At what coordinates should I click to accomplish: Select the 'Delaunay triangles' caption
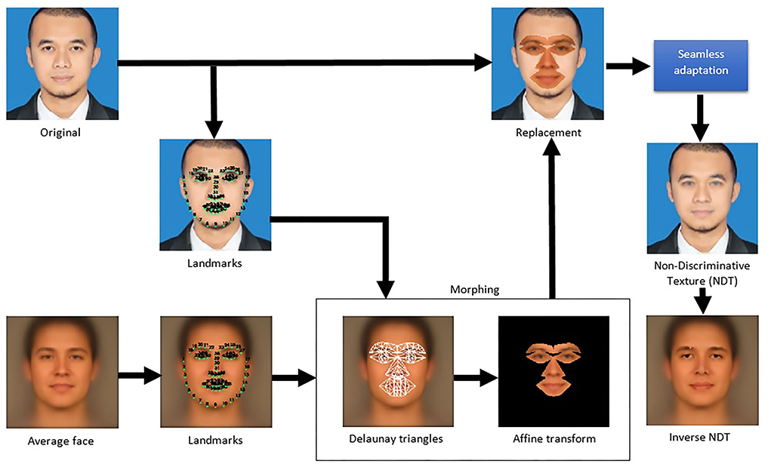(387, 438)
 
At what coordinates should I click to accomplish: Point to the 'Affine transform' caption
(553, 438)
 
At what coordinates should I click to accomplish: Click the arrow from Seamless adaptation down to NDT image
(702, 118)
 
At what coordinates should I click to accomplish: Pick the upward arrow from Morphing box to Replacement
(553, 219)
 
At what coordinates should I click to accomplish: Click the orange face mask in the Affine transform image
(553, 369)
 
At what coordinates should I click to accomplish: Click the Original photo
(62, 63)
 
